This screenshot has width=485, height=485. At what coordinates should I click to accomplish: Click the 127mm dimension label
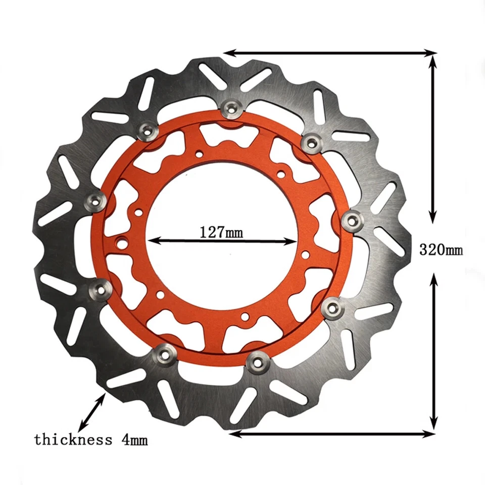click(221, 232)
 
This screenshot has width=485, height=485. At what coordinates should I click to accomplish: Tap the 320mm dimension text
click(441, 249)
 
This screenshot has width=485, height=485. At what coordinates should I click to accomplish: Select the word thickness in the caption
click(73, 440)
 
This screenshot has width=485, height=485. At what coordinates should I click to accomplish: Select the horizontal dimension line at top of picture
click(330, 53)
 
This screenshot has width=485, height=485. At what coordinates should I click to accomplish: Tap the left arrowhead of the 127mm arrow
click(152, 241)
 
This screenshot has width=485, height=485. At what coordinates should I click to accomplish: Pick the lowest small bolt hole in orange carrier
click(244, 317)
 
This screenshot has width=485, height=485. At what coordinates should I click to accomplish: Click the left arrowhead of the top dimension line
click(227, 53)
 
